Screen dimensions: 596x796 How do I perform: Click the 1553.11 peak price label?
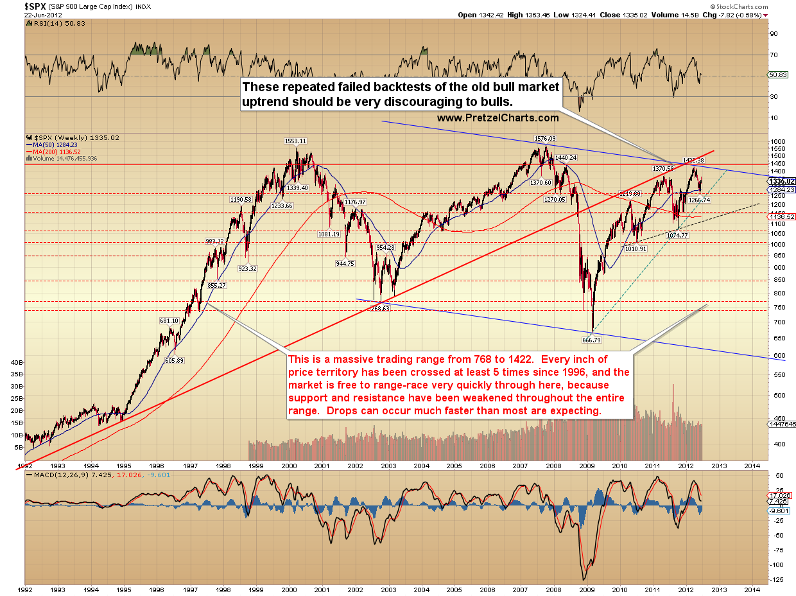(x=296, y=141)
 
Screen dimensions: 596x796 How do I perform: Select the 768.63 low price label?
(x=379, y=308)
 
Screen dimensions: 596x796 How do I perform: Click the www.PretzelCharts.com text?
(x=497, y=118)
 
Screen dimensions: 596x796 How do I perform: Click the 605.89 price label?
(x=174, y=360)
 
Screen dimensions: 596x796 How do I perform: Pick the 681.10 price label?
(x=168, y=320)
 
